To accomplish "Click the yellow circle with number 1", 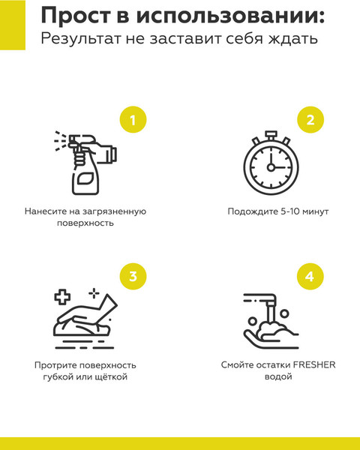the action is (133, 120).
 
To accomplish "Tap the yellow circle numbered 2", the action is (310, 120).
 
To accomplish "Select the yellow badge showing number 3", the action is (133, 276).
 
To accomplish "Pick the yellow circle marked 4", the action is (310, 276).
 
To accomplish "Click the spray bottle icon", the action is (85, 163).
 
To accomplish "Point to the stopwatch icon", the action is (271, 163).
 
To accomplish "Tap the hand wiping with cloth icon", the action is (85, 319).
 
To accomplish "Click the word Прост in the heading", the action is (76, 15).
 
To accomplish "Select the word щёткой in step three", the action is (111, 376).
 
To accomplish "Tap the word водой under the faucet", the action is (278, 376).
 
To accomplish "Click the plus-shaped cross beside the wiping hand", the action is (62, 297).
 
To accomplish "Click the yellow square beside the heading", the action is (13, 25).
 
